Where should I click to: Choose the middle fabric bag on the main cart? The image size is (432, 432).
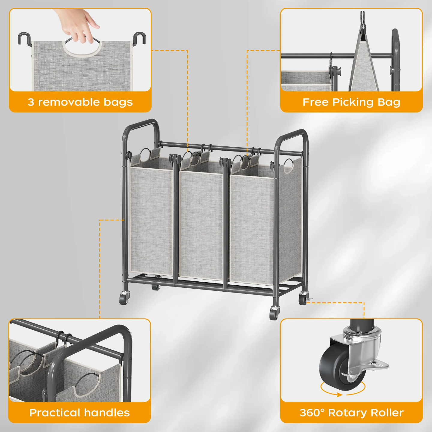pyautogui.click(x=201, y=225)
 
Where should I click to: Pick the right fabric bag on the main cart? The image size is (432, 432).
pyautogui.click(x=252, y=228)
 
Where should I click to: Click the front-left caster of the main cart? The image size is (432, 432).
pyautogui.click(x=124, y=298)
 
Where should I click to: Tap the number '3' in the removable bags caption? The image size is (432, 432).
pyautogui.click(x=31, y=102)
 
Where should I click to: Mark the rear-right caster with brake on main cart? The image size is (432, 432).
pyautogui.click(x=304, y=298)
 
